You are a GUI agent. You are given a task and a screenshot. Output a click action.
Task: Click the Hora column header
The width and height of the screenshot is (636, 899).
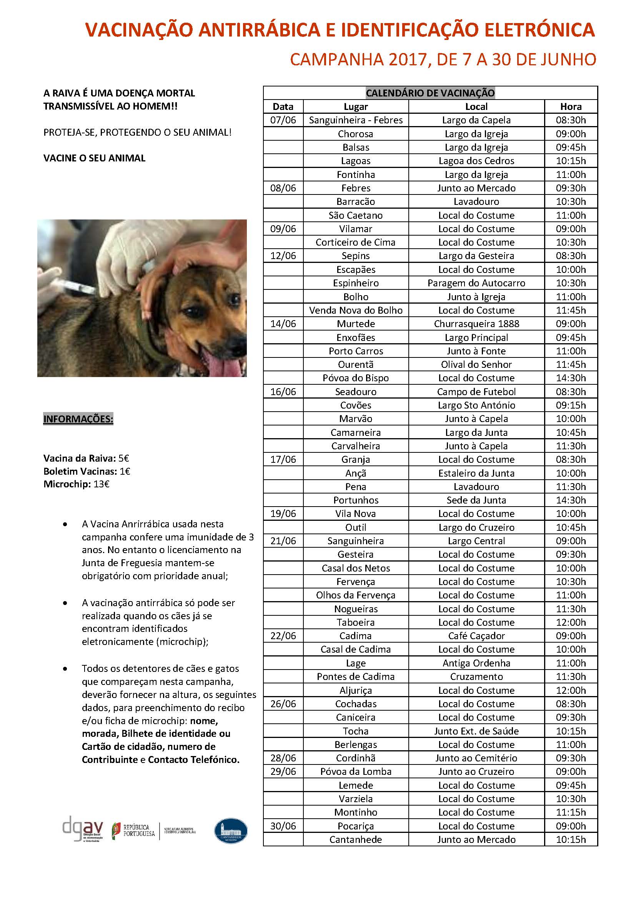tap(571, 106)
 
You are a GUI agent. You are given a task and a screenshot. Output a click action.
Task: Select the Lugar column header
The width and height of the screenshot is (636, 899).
tap(356, 106)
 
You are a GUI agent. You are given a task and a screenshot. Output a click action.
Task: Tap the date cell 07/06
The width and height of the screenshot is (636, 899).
tap(283, 120)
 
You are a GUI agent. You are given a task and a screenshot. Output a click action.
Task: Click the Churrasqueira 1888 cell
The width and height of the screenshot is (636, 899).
tap(476, 324)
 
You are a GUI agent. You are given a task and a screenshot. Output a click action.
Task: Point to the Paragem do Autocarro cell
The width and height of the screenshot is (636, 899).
tap(476, 283)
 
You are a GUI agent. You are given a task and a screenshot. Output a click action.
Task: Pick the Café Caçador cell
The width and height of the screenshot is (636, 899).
tap(476, 636)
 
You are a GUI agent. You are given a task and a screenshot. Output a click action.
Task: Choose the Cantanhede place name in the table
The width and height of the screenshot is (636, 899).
tap(356, 839)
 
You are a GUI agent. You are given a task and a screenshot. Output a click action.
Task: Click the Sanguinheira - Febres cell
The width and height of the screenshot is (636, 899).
tap(356, 120)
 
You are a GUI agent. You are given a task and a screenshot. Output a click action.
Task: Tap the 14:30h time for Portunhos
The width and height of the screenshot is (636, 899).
tap(571, 500)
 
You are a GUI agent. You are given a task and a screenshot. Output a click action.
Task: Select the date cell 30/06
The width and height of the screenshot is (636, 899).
tap(283, 826)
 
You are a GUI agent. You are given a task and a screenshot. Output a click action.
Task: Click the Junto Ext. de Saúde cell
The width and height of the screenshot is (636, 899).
tap(476, 731)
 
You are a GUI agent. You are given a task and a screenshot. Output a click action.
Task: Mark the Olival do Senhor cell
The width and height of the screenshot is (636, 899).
tap(476, 364)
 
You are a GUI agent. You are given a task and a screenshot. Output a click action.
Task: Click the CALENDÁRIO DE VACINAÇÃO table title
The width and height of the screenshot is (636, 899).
tap(430, 93)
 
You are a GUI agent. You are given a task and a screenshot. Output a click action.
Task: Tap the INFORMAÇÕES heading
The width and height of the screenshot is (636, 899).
tap(78, 419)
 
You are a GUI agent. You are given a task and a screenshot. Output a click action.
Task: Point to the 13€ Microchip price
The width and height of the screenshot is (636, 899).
tap(102, 484)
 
